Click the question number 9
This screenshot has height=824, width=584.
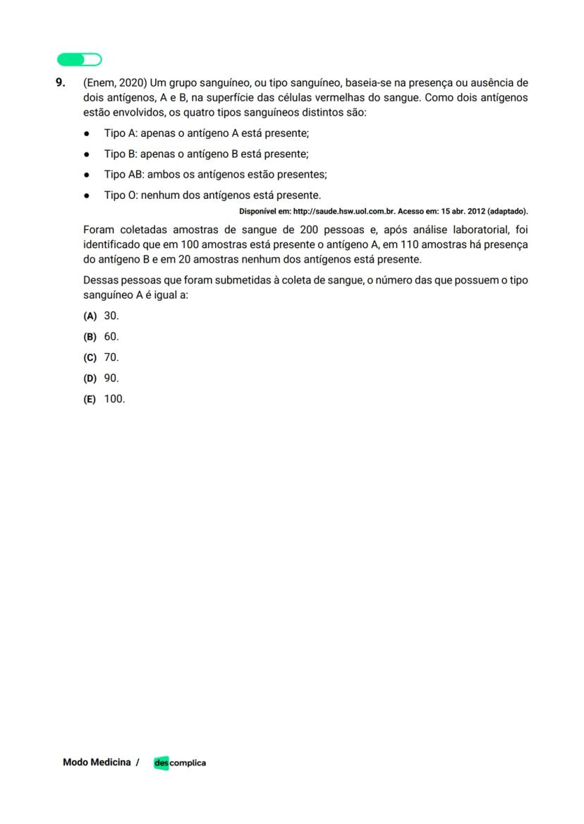click(60, 82)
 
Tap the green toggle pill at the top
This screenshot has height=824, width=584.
click(79, 59)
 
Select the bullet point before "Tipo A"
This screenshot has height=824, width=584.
click(87, 133)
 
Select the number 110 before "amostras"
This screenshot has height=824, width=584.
click(413, 245)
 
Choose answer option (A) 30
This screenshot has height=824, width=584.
click(102, 316)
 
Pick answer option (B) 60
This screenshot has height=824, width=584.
click(102, 337)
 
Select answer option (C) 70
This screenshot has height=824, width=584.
click(102, 357)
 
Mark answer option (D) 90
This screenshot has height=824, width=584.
click(102, 378)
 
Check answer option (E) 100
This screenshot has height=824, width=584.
click(104, 399)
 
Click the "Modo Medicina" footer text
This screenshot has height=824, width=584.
click(97, 762)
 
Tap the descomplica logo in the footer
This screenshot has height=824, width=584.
click(180, 763)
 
